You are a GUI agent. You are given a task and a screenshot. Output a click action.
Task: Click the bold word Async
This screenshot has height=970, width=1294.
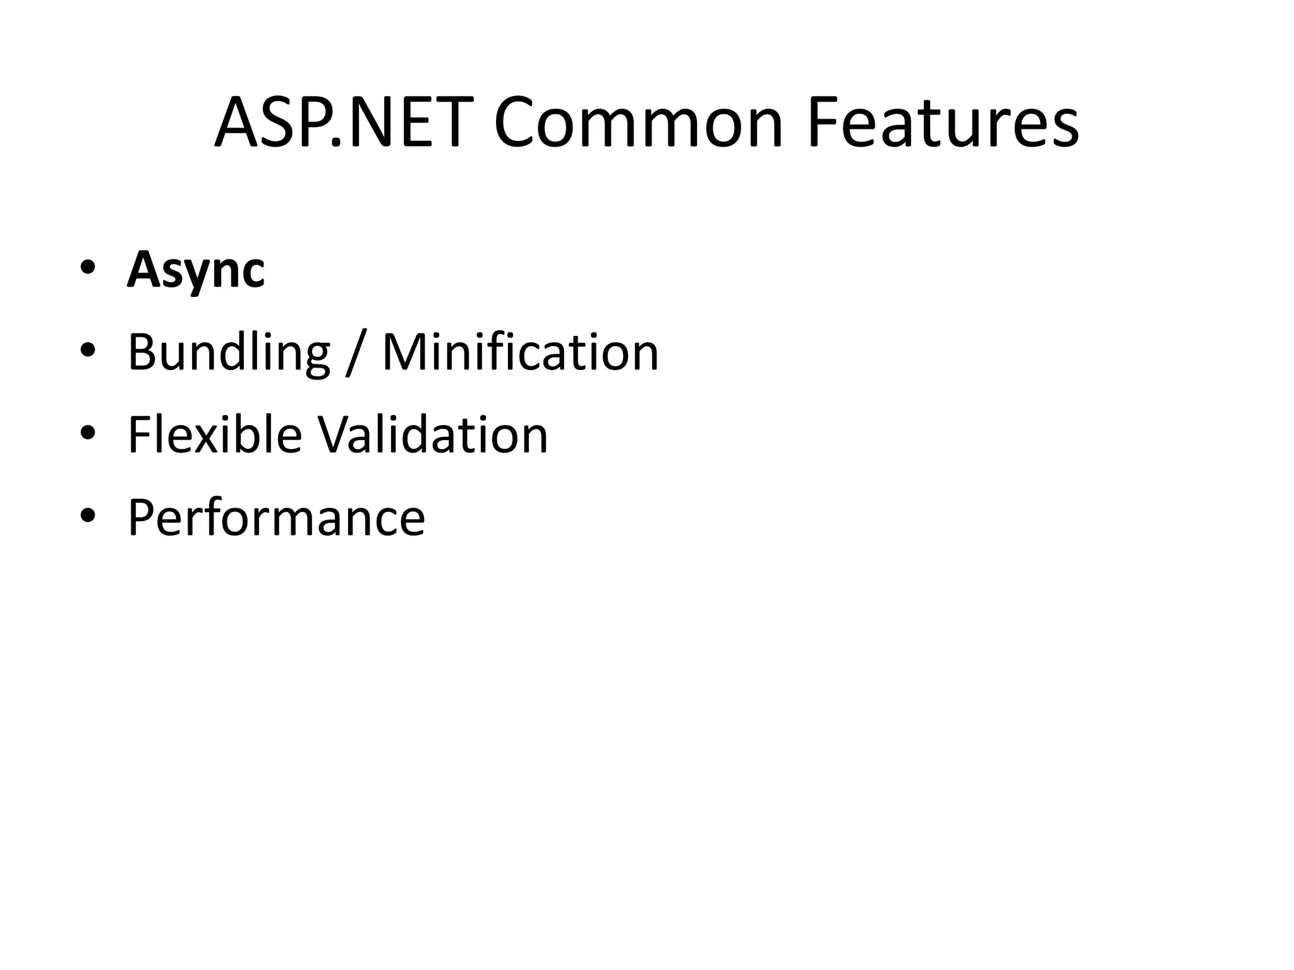196,270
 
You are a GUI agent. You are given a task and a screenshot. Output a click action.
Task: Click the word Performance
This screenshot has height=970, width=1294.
277,518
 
